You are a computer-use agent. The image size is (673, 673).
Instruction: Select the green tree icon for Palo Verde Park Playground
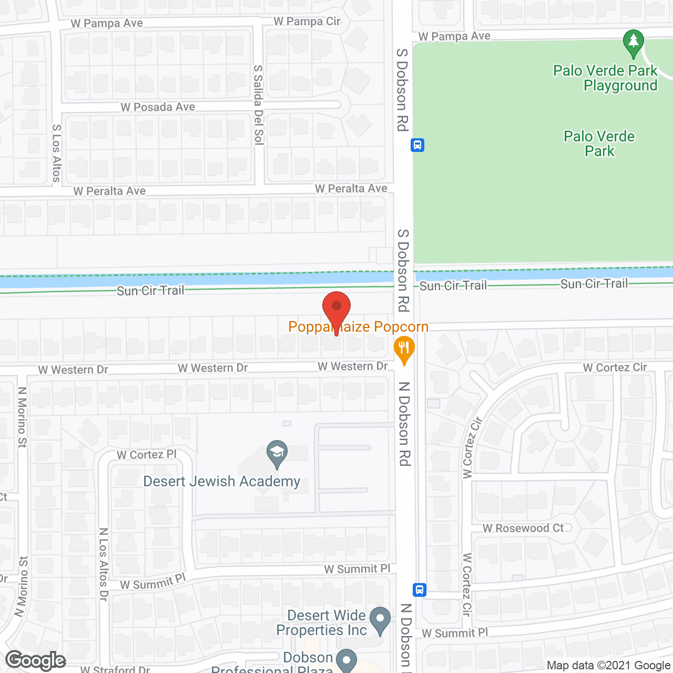(633, 43)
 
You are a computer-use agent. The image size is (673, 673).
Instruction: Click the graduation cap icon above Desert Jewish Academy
(277, 453)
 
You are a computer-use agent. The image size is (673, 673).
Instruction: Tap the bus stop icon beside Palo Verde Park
(417, 145)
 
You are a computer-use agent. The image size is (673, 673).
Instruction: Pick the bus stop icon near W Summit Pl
(419, 589)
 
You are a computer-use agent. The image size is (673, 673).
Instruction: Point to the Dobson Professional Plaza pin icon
(346, 660)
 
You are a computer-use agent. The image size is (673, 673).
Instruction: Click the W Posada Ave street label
(158, 107)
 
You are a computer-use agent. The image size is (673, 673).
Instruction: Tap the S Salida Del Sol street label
(258, 105)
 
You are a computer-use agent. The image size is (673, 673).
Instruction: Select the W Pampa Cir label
(307, 22)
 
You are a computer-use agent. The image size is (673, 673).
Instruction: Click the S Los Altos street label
(57, 154)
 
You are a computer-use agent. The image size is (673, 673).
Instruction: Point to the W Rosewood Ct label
(523, 528)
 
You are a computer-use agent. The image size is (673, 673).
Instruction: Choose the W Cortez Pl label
(147, 455)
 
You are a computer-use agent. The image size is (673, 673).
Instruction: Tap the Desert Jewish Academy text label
(222, 482)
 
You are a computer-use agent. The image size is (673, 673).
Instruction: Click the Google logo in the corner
(36, 660)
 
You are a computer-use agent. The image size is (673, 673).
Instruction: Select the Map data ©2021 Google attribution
(609, 666)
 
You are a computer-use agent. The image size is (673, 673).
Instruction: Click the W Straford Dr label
(115, 669)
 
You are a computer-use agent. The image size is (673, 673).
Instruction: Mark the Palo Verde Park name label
(599, 144)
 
